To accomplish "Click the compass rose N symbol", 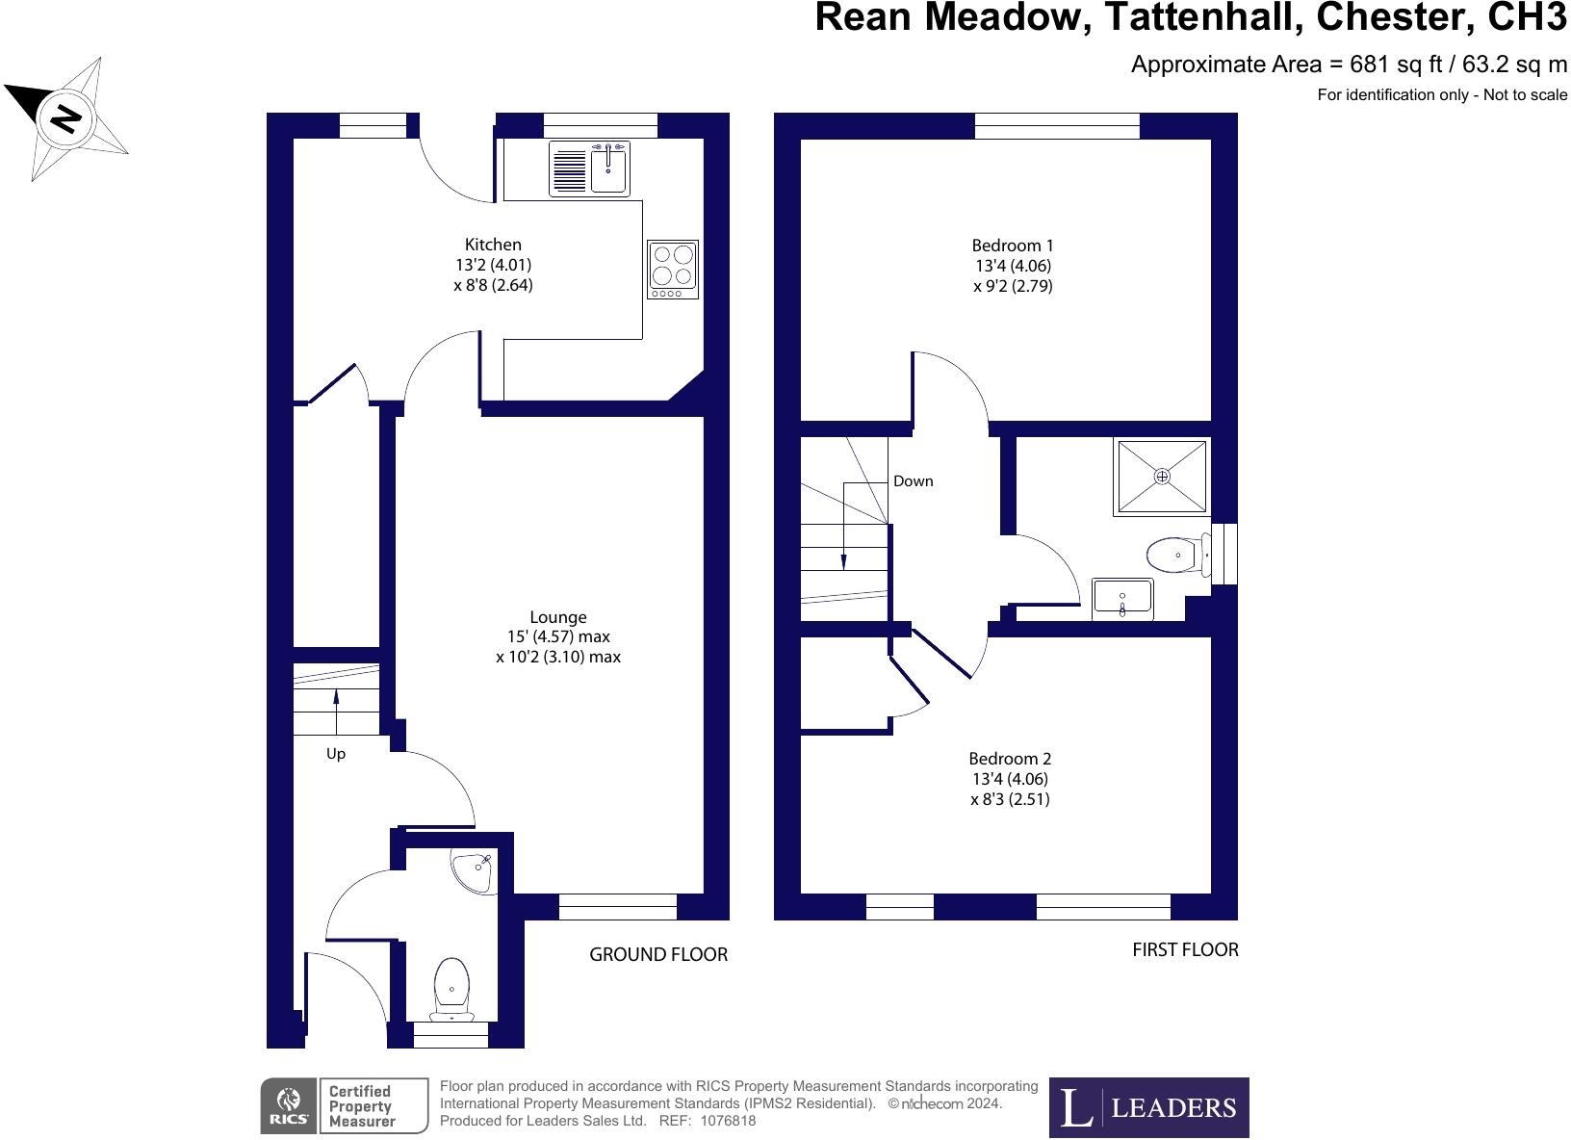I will pyautogui.click(x=65, y=117).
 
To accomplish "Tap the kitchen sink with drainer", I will pyautogui.click(x=589, y=168).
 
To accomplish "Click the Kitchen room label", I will pyautogui.click(x=493, y=245).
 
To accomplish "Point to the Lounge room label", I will pyautogui.click(x=558, y=617).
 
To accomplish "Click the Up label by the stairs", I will pyautogui.click(x=335, y=754).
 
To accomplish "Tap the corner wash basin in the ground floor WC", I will pyautogui.click(x=475, y=871).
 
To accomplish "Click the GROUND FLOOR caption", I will pyautogui.click(x=658, y=954).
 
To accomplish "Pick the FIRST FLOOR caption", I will pyautogui.click(x=1185, y=949).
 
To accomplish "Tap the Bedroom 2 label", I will pyautogui.click(x=1010, y=759).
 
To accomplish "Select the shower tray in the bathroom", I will pyautogui.click(x=1161, y=477).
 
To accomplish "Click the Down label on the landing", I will pyautogui.click(x=913, y=481).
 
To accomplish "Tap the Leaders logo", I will pyautogui.click(x=1148, y=1107).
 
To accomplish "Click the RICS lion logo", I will pyautogui.click(x=288, y=1105).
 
